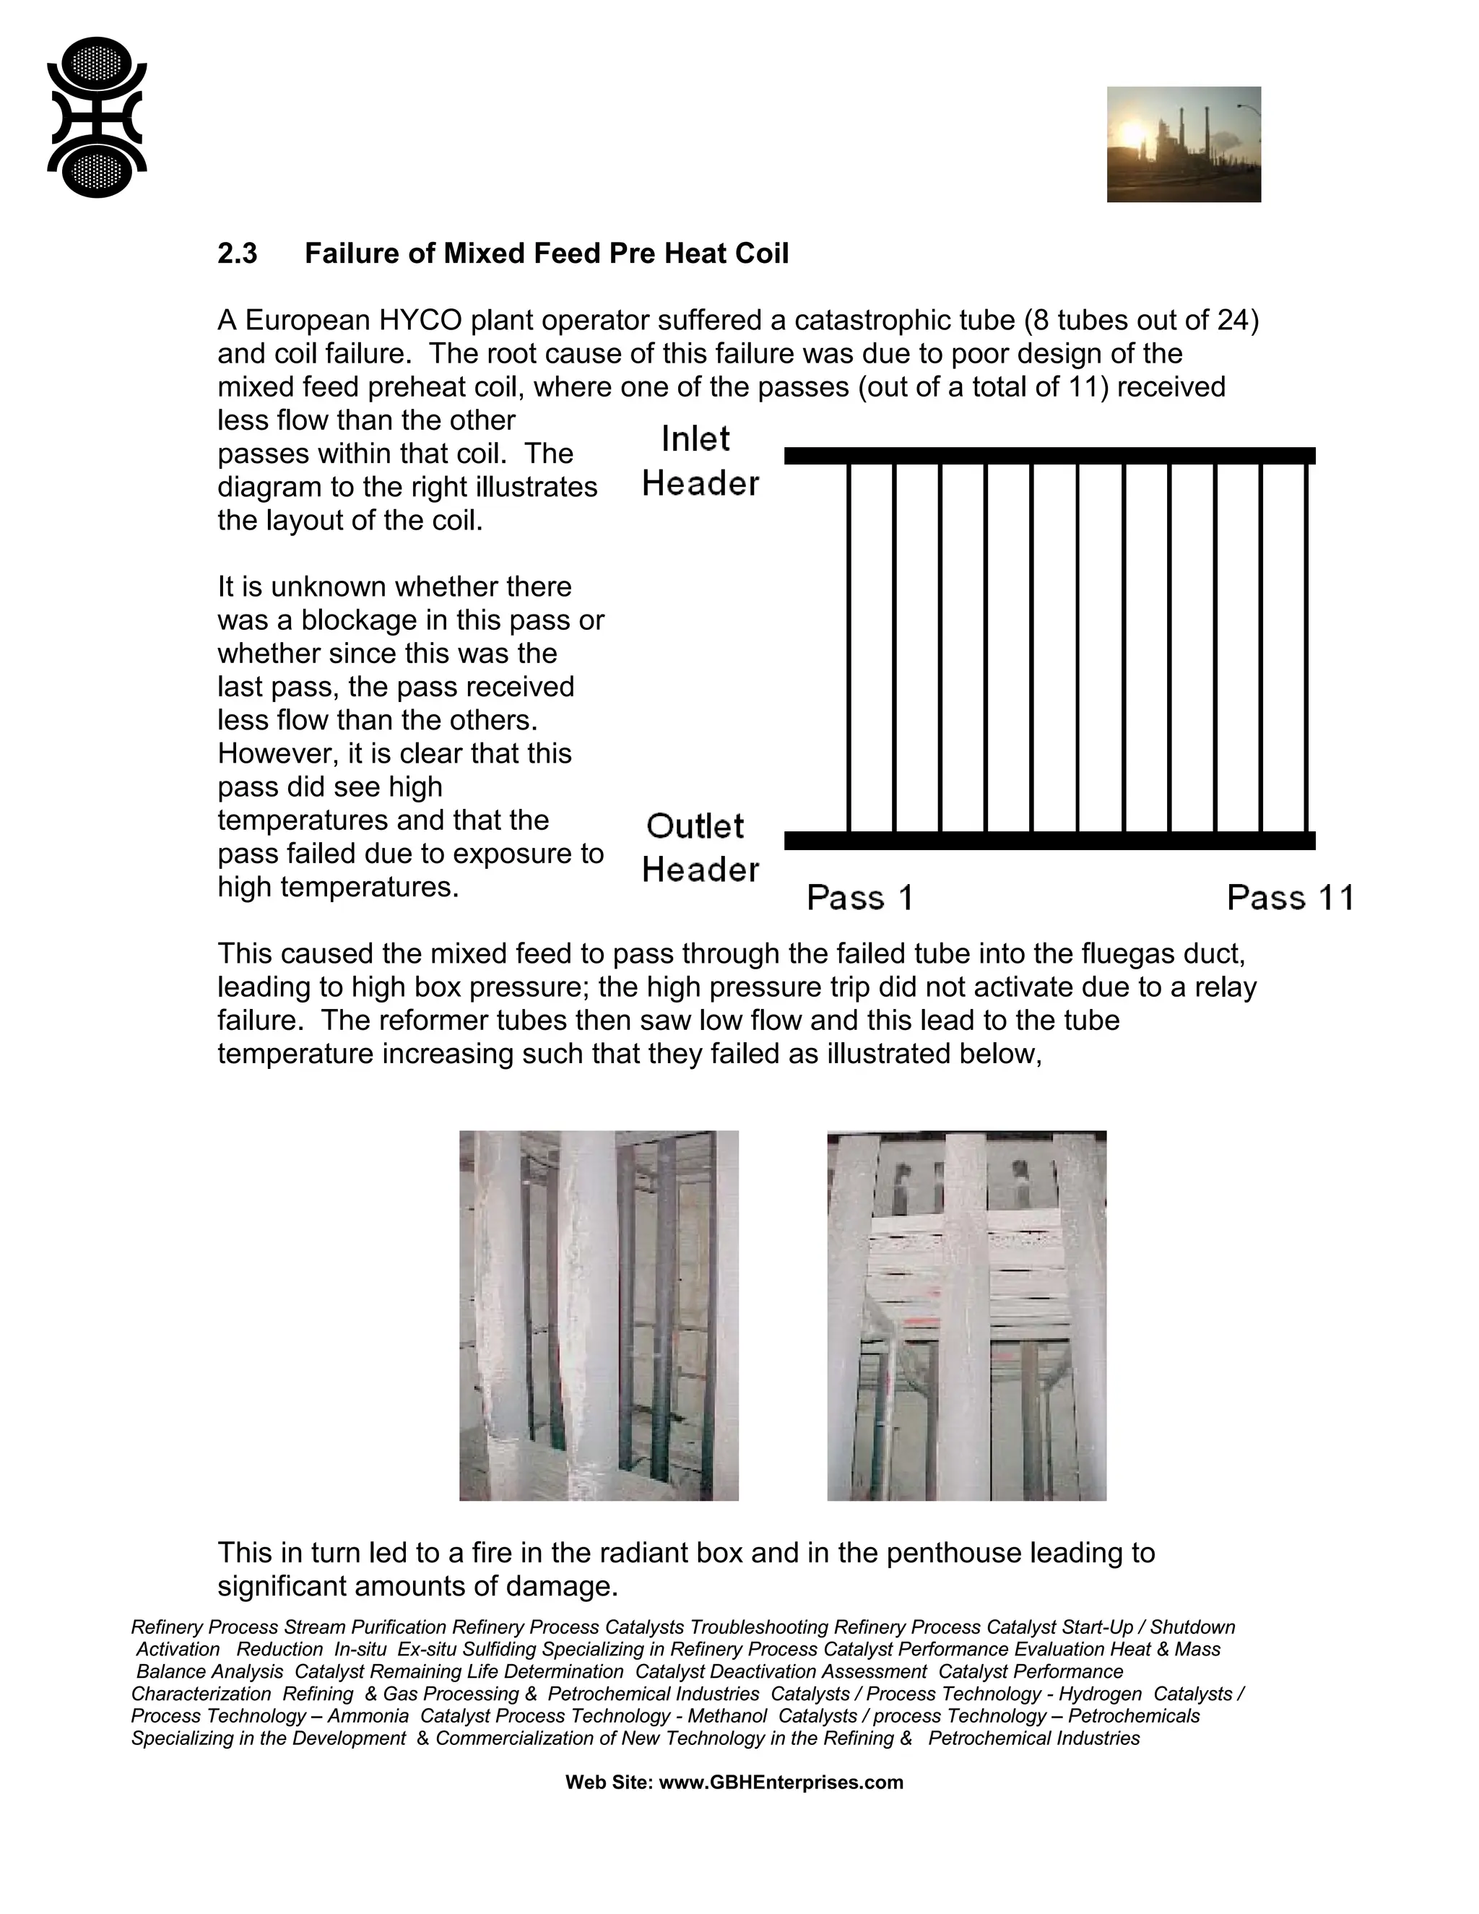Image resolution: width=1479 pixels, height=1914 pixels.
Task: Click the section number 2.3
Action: pos(238,254)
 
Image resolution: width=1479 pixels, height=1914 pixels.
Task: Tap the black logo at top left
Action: pos(96,118)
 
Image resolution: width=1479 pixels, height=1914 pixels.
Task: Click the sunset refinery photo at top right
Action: pos(1183,144)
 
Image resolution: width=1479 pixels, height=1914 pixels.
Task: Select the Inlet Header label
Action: pos(699,461)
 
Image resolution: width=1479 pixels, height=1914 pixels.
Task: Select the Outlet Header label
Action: pos(699,847)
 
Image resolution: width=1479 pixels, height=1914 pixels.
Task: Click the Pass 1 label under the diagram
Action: pos(859,897)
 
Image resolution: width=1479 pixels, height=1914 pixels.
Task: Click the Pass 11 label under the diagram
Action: pos(1290,897)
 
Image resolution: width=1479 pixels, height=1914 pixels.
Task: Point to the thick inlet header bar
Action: pos(1049,456)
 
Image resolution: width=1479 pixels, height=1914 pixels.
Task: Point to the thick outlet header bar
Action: pos(1049,841)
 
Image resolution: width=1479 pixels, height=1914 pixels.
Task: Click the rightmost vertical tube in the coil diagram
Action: pos(1306,649)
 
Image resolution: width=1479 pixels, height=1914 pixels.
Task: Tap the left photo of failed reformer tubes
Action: pos(599,1315)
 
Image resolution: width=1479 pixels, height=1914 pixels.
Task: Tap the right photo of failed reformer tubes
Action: pos(966,1315)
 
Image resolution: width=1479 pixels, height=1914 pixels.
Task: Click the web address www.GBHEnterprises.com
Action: pos(781,1783)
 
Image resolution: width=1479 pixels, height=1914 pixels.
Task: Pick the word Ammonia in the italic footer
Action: pos(368,1716)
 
